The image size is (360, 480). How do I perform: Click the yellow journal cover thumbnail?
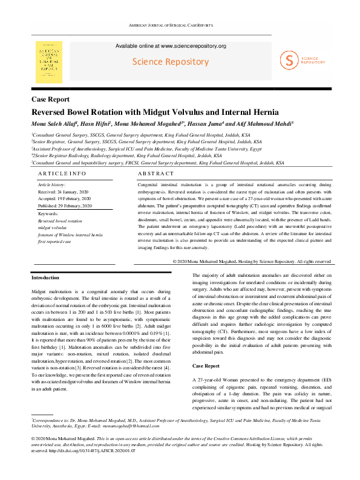click(x=49, y=59)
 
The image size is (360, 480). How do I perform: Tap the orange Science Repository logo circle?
click(x=290, y=59)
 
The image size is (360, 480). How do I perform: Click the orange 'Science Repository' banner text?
click(x=171, y=62)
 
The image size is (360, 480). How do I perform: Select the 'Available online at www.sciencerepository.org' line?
click(x=171, y=46)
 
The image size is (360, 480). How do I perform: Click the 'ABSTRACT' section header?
click(x=156, y=173)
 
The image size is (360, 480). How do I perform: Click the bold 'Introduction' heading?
click(x=45, y=277)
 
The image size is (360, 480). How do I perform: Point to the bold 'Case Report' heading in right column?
click(x=206, y=349)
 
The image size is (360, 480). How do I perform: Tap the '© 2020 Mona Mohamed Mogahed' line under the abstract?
click(x=251, y=261)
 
